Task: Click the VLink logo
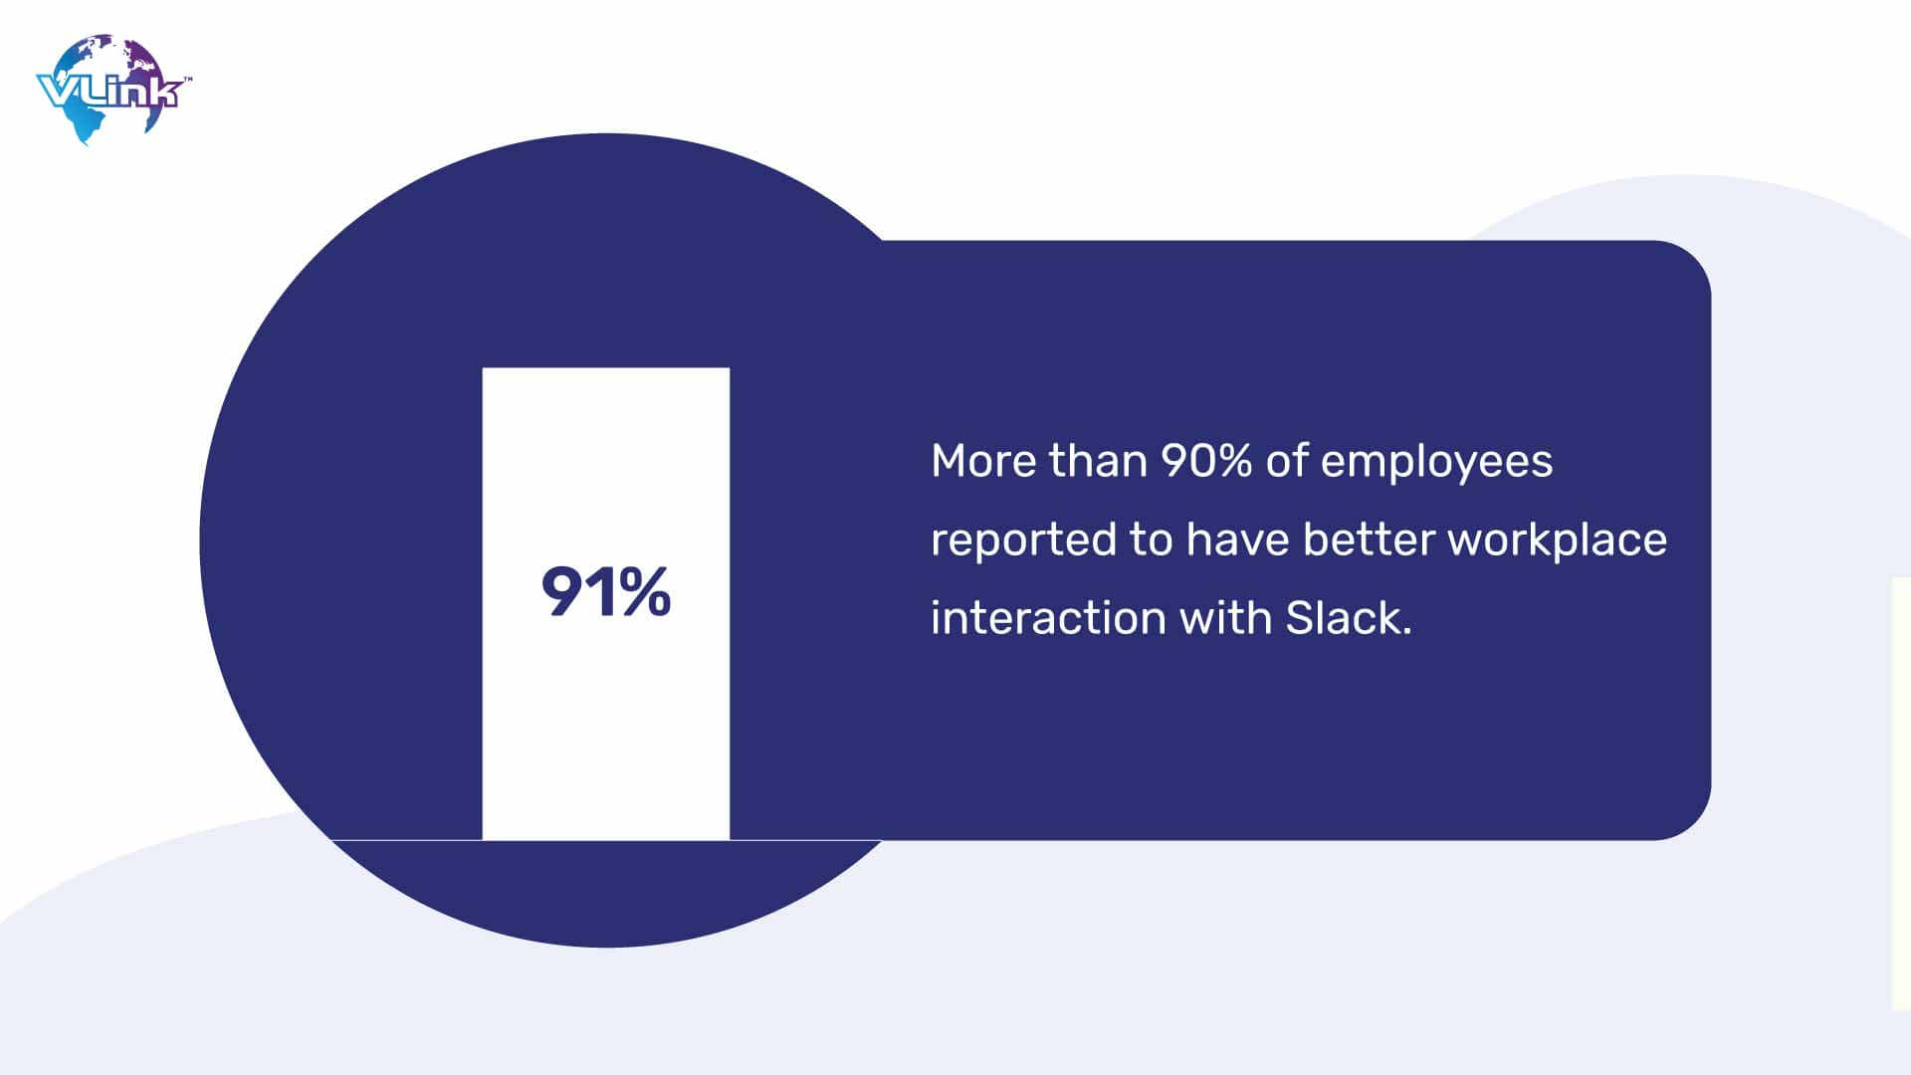(113, 90)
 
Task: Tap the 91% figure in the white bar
(606, 593)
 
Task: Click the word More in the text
(983, 461)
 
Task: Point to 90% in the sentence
(1206, 461)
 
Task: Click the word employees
(1436, 464)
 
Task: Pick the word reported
(1023, 540)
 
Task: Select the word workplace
(1557, 541)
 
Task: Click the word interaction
(1048, 618)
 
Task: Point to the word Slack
(1343, 618)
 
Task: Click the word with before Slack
(1225, 617)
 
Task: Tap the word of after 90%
(1286, 461)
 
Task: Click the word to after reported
(1151, 540)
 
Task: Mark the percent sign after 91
(644, 593)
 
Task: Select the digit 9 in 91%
(561, 593)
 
